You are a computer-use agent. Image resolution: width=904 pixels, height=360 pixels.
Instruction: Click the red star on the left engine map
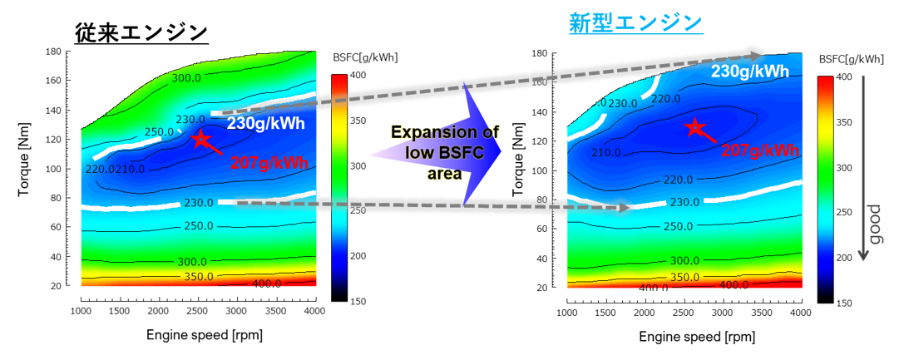point(200,139)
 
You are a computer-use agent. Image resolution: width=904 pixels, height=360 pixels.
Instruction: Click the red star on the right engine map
point(695,127)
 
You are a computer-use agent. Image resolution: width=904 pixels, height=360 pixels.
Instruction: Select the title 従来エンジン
point(141,32)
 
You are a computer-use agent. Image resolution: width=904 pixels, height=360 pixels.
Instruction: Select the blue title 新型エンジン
point(636,23)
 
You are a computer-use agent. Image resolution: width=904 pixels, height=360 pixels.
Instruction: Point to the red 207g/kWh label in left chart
point(268,163)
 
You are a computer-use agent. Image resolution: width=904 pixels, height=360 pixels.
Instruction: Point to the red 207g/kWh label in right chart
point(759,150)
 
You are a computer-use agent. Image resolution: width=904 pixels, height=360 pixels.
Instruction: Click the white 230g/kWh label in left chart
point(265,124)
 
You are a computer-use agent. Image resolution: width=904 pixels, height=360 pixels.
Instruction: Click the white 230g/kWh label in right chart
point(749,72)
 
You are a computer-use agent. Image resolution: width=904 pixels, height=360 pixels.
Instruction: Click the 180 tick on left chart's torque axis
point(54,52)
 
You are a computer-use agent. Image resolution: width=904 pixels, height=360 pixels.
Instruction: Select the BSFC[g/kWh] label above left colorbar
point(363,58)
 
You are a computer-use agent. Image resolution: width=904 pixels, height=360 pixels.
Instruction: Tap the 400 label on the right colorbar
point(843,77)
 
